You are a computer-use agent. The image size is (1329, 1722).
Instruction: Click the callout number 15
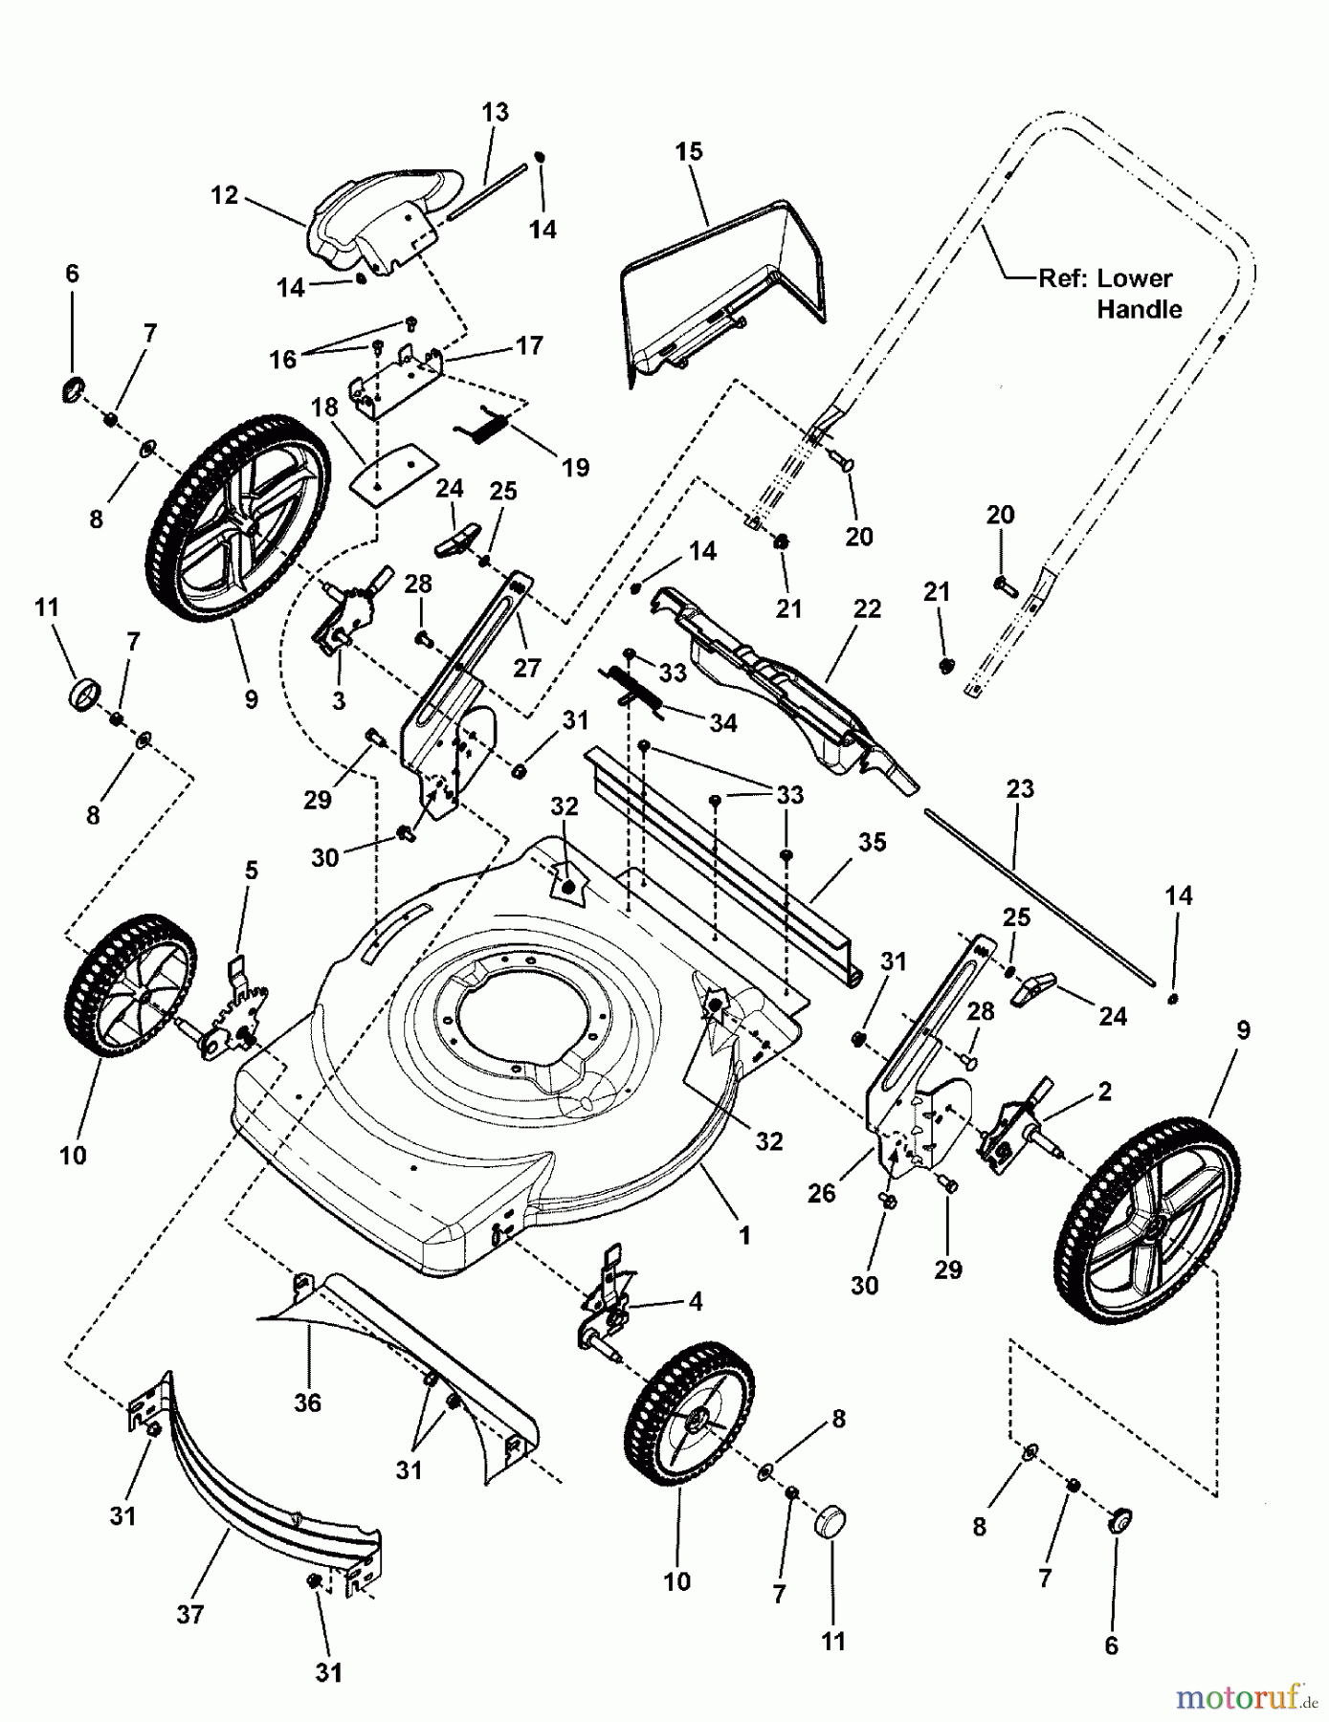688,151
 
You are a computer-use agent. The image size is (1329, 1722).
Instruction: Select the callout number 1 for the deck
744,1235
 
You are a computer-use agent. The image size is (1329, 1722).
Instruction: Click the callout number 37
190,1614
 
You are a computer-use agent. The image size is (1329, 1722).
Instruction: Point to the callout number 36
307,1402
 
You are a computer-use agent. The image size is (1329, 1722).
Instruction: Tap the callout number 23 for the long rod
1020,789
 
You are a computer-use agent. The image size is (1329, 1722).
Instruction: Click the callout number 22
867,608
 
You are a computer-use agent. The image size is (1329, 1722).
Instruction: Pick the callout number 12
224,195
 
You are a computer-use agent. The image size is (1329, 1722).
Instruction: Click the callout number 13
495,112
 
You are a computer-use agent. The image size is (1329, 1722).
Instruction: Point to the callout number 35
872,842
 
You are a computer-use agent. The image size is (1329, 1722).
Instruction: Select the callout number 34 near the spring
722,723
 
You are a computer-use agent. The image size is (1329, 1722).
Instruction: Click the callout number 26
821,1192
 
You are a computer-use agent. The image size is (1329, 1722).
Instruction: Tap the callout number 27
526,667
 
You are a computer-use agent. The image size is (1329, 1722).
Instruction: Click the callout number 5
251,870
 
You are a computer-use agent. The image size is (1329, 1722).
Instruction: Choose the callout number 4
695,1301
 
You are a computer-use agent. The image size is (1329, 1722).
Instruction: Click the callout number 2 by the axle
1104,1091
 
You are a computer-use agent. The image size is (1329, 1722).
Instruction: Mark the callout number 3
339,700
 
